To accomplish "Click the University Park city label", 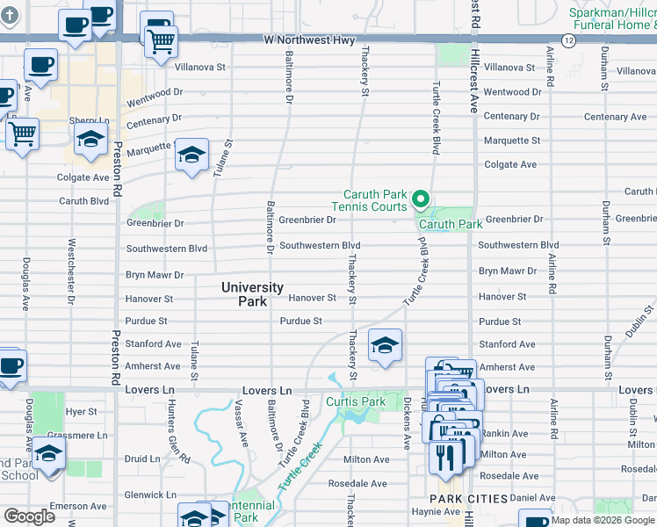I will [252, 294].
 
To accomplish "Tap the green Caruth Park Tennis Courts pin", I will [421, 201].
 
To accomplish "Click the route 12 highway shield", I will [568, 41].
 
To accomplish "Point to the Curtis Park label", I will [356, 402].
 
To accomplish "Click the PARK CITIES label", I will [469, 499].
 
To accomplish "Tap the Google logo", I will [29, 516].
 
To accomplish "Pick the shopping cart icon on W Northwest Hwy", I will [161, 40].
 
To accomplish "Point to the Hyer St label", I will [82, 411].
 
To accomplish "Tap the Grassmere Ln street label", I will [78, 435].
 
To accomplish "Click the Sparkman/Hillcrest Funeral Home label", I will [611, 19].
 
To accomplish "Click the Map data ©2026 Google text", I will [603, 520].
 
